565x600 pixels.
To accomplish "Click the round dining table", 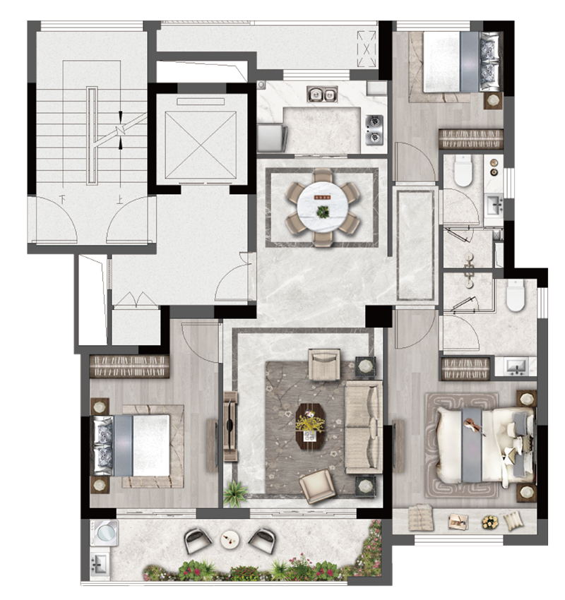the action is click(x=323, y=207).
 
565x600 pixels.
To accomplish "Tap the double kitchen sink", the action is click(x=322, y=94).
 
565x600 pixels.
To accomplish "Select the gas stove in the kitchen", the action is click(x=374, y=130).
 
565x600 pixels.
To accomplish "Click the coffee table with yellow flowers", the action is click(x=311, y=426).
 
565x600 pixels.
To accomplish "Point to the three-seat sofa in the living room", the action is click(x=364, y=426).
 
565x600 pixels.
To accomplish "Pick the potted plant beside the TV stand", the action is click(x=234, y=493).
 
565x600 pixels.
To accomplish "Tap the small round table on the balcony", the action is click(x=230, y=539).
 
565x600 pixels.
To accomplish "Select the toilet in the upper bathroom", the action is click(x=463, y=171).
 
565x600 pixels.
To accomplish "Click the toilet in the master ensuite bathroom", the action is click(x=515, y=295).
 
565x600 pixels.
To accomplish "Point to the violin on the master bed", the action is click(x=474, y=426).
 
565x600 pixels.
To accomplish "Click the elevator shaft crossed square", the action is click(x=201, y=145).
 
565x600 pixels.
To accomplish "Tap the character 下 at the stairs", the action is click(x=61, y=199).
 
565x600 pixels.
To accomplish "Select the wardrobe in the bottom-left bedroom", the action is click(x=129, y=366).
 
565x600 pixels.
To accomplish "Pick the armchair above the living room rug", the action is click(x=324, y=364).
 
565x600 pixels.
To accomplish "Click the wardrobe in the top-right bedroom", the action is click(x=470, y=139).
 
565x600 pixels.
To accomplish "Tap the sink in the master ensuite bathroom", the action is click(x=516, y=366).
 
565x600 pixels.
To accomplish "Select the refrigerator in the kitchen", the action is click(x=272, y=138).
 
